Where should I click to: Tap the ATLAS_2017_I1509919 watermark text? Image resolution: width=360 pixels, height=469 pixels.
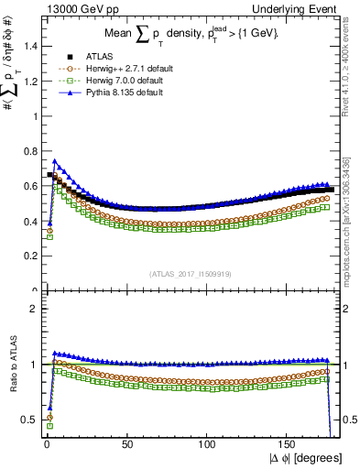click(190, 272)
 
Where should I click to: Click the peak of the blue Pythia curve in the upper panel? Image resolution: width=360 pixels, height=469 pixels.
click(54, 161)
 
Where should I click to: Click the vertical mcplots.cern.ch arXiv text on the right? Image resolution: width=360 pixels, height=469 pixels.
click(350, 229)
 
